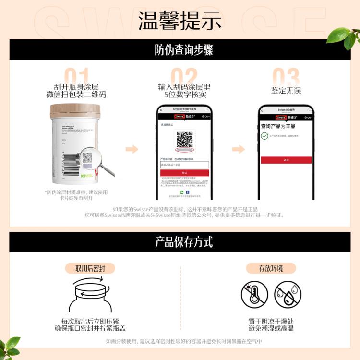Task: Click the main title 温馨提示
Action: tap(180, 20)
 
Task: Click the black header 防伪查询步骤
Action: tap(180, 50)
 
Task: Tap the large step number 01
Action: tap(76, 77)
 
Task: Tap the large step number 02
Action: tap(184, 77)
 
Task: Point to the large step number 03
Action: tap(286, 77)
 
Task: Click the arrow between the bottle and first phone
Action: tap(132, 149)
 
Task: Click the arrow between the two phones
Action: tap(239, 149)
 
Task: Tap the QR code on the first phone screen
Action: tap(184, 139)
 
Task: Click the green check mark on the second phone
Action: tap(264, 136)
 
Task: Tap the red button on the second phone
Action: tap(286, 160)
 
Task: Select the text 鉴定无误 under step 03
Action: tap(286, 91)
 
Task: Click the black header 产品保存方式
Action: tap(180, 242)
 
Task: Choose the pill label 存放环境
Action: tap(271, 268)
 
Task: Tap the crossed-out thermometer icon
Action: tap(254, 295)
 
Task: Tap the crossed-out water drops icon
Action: tap(288, 295)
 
